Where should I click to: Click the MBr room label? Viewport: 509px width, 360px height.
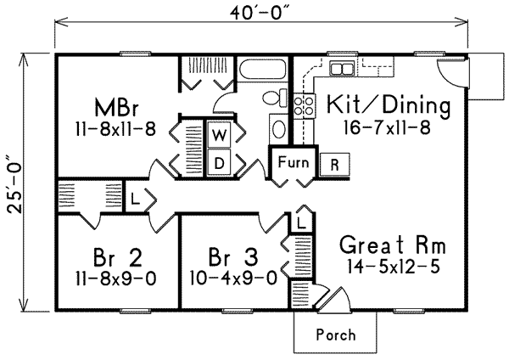[x=116, y=109]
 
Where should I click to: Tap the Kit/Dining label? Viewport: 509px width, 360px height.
[x=380, y=107]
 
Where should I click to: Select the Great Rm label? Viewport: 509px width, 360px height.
[x=391, y=245]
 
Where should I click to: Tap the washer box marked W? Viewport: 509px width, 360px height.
[x=217, y=135]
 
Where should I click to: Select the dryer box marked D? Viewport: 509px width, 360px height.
[x=217, y=160]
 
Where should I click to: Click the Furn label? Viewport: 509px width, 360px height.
[x=290, y=159]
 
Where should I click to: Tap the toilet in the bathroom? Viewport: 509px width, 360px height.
[x=272, y=98]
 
